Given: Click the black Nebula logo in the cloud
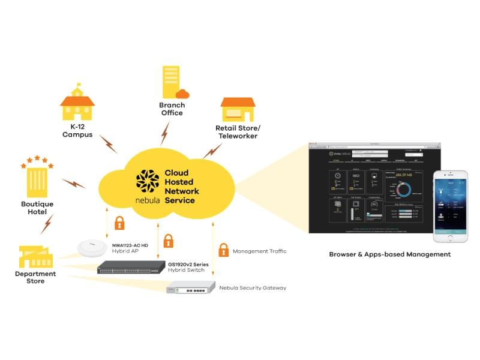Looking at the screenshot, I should pyautogui.click(x=147, y=182).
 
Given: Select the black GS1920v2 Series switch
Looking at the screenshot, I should pyautogui.click(x=131, y=268).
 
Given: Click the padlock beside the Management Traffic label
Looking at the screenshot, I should pyautogui.click(x=223, y=250).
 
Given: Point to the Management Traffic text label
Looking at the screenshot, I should pyautogui.click(x=259, y=251).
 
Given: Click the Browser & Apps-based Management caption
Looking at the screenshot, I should pyautogui.click(x=389, y=254).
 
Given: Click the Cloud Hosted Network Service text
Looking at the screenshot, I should pyautogui.click(x=182, y=187).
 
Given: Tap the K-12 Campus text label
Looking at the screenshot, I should pyautogui.click(x=77, y=131).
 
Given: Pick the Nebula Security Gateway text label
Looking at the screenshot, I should pyautogui.click(x=253, y=288).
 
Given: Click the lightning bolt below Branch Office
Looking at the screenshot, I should pyautogui.click(x=165, y=133).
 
